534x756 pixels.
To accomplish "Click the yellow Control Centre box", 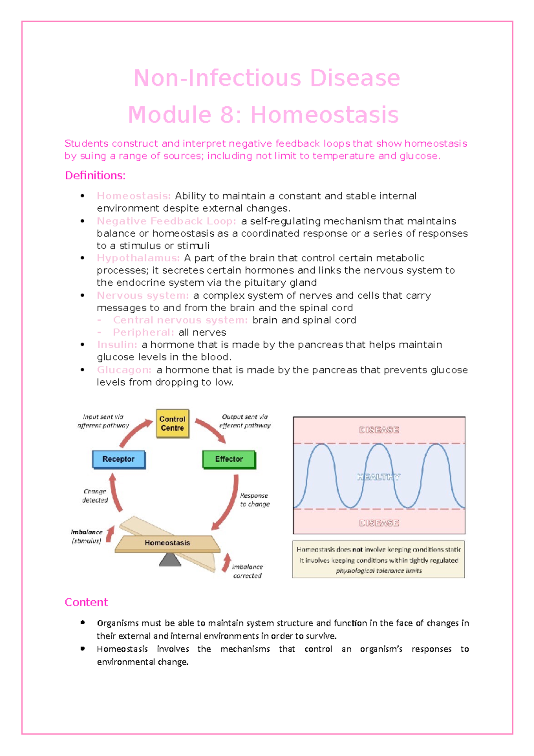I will tap(172, 423).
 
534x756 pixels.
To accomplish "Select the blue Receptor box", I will tap(118, 459).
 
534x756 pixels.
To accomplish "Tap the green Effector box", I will tap(229, 459).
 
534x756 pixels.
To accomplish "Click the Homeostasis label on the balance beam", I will tap(167, 543).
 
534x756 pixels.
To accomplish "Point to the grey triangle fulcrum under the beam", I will tap(170, 560).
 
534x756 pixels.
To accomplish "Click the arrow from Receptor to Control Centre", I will tap(135, 432).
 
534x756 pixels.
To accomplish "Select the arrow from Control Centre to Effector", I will tap(210, 430).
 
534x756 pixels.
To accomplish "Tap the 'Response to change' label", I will tap(255, 500).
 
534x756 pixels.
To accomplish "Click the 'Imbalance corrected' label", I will tap(247, 571).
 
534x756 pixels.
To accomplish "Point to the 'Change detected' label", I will tap(95, 496).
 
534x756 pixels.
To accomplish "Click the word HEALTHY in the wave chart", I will tap(379, 477).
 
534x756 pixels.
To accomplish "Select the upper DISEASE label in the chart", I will tap(379, 430).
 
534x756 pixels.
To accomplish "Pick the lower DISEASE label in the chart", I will tap(379, 523).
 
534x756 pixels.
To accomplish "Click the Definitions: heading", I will tap(95, 175).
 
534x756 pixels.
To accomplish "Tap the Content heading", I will tap(86, 602).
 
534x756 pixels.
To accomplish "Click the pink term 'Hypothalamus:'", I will tap(138, 258).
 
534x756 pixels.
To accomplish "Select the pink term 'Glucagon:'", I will tap(124, 370).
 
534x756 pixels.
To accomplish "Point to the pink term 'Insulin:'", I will tap(117, 345).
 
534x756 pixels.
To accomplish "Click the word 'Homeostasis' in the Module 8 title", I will tap(324, 115).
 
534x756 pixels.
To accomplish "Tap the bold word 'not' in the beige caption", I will tap(357, 549).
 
